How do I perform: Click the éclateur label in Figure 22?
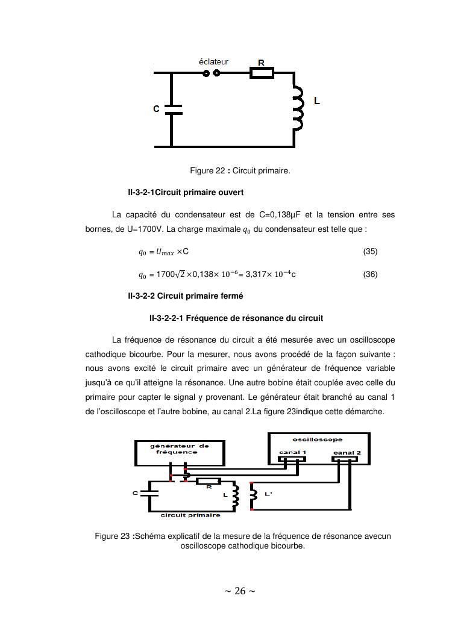(213, 61)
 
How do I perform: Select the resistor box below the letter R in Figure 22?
(262, 73)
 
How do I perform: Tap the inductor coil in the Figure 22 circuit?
(297, 108)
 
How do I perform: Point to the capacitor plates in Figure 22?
(172, 108)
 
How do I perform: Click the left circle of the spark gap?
(206, 73)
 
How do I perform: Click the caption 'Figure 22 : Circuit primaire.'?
(240, 171)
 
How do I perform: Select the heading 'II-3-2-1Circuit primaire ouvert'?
(186, 193)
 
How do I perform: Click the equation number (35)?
(370, 251)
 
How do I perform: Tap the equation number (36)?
(370, 274)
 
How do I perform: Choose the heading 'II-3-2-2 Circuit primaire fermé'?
(186, 296)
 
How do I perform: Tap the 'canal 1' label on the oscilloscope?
(292, 452)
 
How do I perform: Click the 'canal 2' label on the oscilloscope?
(347, 452)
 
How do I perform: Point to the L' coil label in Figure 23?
(268, 494)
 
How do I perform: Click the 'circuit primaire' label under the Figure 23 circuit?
(190, 515)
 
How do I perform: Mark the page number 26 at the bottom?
(240, 591)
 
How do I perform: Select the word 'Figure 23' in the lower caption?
(113, 536)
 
